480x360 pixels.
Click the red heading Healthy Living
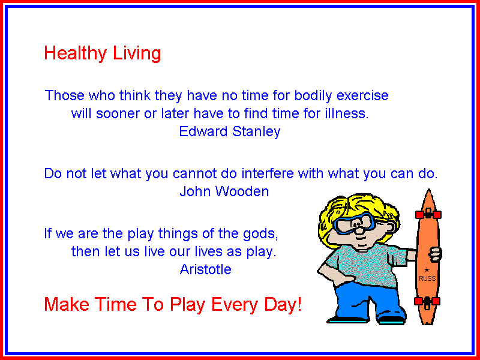[x=102, y=53]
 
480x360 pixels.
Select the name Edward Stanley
[x=230, y=131]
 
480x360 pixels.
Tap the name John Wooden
[x=224, y=191]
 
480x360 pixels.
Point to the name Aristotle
[x=205, y=269]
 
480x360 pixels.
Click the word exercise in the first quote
[x=362, y=95]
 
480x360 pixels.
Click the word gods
[x=260, y=234]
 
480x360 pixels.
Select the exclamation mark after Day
[x=299, y=304]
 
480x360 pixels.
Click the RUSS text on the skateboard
[x=427, y=278]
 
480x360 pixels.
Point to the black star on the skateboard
[x=427, y=269]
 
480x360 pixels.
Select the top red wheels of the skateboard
[x=428, y=214]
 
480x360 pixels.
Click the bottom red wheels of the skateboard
[x=427, y=301]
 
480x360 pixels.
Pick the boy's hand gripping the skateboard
[x=435, y=254]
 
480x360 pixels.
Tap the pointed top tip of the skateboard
[x=429, y=190]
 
